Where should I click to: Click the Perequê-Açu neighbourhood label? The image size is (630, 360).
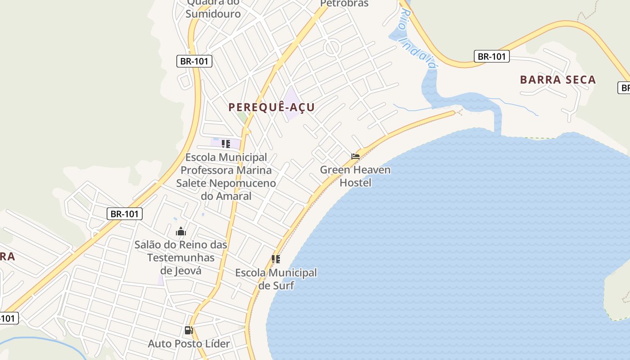[x=271, y=107]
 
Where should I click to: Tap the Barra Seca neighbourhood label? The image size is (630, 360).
[x=558, y=80]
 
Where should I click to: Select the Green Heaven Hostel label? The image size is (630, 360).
[x=355, y=176]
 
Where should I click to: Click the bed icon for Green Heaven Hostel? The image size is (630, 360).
[x=355, y=157]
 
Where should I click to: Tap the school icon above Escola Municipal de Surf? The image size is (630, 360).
[x=276, y=259]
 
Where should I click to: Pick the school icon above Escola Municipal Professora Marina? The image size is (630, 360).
[x=226, y=144]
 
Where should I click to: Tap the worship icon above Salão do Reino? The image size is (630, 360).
[x=181, y=232]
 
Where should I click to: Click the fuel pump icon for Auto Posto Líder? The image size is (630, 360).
[x=189, y=330]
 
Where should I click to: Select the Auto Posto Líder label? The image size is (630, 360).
[x=189, y=343]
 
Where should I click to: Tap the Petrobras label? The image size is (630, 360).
[x=344, y=4]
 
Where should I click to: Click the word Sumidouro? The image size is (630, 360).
[x=213, y=13]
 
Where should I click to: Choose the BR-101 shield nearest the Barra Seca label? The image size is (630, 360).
[x=491, y=56]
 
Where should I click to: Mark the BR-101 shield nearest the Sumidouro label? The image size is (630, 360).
[x=194, y=61]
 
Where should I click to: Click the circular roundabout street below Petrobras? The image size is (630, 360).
[x=332, y=48]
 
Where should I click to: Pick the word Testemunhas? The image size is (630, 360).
[x=181, y=257]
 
